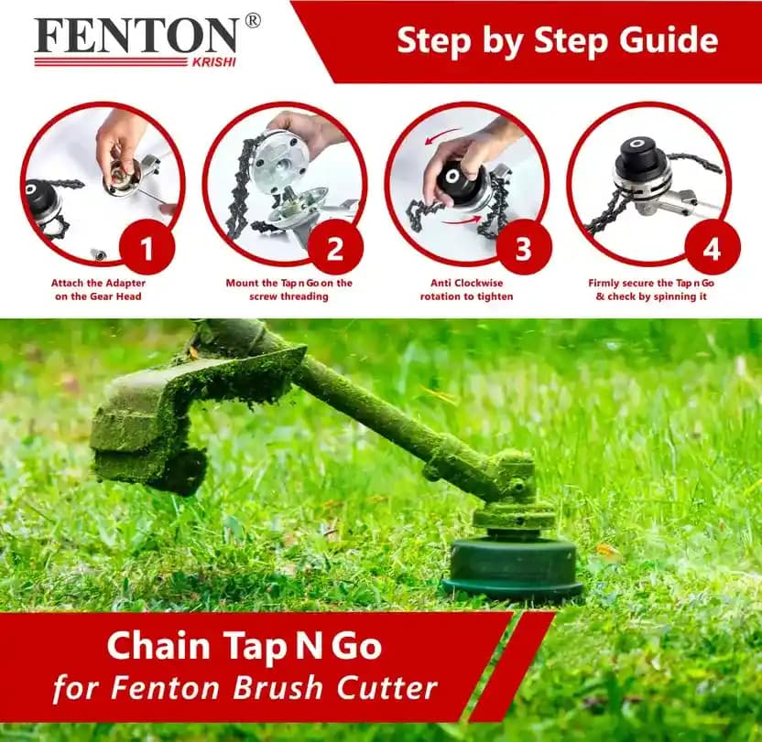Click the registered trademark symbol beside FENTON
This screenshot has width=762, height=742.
(253, 20)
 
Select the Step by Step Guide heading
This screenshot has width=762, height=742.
(557, 41)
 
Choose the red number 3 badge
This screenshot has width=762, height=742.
(523, 246)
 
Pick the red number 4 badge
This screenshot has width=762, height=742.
(712, 246)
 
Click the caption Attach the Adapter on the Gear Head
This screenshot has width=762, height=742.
(96, 290)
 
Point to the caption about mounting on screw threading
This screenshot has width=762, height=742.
(288, 290)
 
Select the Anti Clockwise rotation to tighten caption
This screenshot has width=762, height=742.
(466, 290)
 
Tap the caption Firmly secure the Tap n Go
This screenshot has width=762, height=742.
(651, 290)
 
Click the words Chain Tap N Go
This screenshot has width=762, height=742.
(244, 646)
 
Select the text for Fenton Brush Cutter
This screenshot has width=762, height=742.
(244, 687)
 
